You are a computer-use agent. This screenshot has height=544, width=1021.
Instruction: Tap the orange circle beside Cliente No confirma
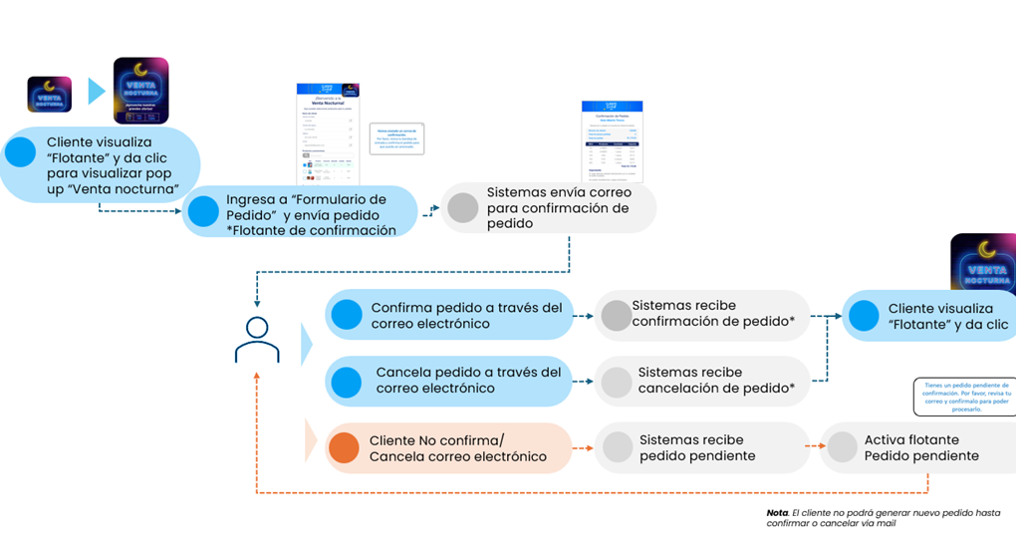(344, 448)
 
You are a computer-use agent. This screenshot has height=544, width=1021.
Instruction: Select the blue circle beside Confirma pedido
(347, 315)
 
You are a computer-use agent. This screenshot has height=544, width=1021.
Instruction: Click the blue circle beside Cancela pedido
(347, 381)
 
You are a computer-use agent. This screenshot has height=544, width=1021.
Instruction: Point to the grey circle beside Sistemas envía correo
(463, 207)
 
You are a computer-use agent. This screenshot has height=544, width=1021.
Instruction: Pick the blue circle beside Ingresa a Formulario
(203, 210)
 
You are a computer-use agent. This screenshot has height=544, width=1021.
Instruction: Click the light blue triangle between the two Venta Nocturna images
(96, 92)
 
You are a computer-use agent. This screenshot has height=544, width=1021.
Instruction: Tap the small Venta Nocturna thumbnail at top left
(49, 95)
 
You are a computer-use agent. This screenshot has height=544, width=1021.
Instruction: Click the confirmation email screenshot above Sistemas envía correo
(612, 140)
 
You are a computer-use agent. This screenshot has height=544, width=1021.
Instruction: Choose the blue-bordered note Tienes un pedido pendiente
(962, 396)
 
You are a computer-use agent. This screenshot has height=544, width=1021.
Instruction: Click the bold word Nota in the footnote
(777, 512)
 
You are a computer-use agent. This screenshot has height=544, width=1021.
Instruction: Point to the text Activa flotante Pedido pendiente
(921, 447)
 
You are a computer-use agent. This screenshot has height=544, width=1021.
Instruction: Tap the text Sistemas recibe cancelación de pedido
(715, 381)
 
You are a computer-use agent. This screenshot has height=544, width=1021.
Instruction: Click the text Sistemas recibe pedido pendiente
(697, 447)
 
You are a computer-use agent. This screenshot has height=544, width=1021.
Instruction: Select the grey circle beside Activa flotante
(843, 447)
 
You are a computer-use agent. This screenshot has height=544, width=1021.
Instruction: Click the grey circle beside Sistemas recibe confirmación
(617, 315)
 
